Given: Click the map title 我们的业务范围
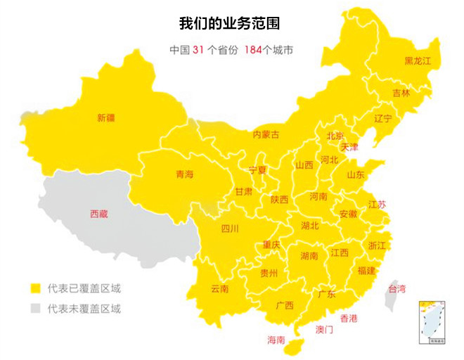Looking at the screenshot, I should (x=230, y=23).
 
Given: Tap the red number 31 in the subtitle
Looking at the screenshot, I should (x=198, y=50).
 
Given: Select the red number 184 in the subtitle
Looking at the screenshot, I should (x=253, y=50).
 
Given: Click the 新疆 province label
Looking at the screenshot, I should (x=105, y=118).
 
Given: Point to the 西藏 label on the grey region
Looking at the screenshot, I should (x=99, y=214).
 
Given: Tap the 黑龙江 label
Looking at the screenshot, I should (x=418, y=61).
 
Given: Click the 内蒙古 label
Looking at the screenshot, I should (x=266, y=134).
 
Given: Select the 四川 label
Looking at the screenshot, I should (x=230, y=229).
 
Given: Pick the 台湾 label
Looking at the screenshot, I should (x=397, y=288).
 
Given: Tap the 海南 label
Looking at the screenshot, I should (x=276, y=340).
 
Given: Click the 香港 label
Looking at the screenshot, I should (x=349, y=318).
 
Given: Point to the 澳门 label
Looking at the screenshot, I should (x=324, y=329).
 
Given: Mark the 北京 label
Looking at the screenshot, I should (x=335, y=136).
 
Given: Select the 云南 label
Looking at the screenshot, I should (x=219, y=288).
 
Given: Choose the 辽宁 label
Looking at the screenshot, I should (x=383, y=118).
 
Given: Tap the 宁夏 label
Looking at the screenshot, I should (x=258, y=169).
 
